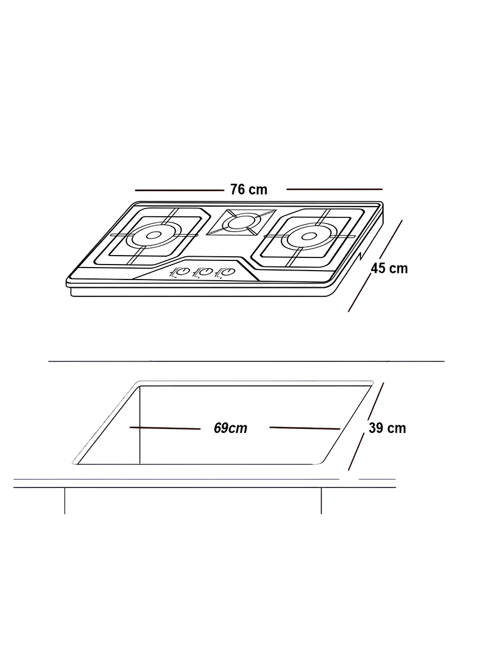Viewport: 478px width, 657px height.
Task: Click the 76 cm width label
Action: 249,189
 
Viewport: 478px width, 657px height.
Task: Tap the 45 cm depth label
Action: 389,268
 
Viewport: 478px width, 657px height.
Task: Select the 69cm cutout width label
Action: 230,428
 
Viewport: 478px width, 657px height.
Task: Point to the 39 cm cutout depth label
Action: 387,428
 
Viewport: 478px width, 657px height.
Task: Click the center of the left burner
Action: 154,235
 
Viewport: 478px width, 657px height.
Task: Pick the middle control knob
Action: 204,272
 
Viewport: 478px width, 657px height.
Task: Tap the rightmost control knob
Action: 227,272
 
